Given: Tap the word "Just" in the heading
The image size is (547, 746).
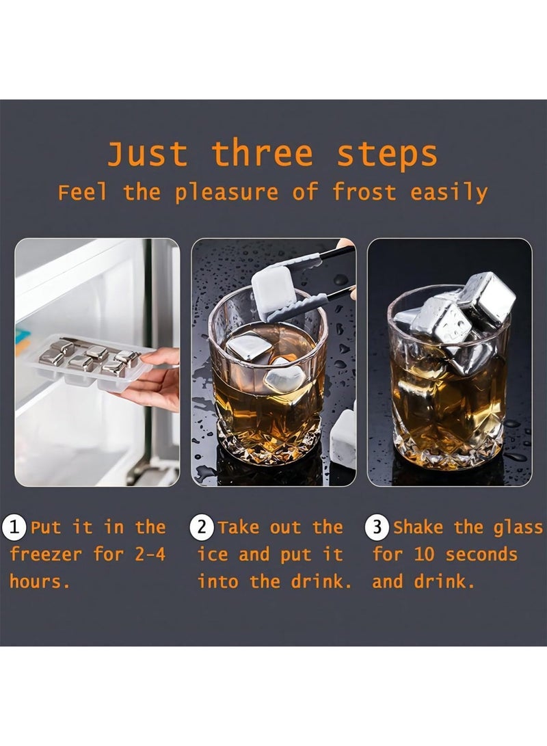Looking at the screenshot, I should click(x=148, y=154).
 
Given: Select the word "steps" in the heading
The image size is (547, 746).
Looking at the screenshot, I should click(x=387, y=154).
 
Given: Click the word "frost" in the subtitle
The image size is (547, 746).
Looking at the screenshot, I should click(x=364, y=192).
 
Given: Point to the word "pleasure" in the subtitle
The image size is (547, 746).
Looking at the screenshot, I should click(x=226, y=194).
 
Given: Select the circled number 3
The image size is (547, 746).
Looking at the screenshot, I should click(x=378, y=528).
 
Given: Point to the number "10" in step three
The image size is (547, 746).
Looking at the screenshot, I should click(x=425, y=555).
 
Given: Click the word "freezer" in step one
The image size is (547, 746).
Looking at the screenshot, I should click(x=46, y=555).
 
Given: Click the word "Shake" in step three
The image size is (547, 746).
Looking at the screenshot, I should click(x=419, y=528).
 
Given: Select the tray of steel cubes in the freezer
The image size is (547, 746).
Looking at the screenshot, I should click(x=89, y=361).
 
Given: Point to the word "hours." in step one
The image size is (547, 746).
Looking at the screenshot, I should click(x=40, y=582).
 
